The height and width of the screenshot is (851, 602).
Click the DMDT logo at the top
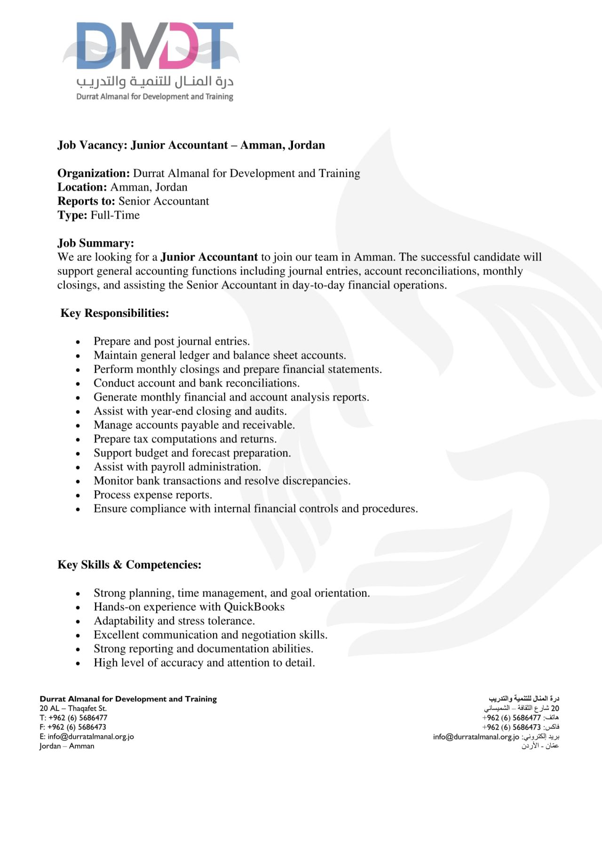point(150,47)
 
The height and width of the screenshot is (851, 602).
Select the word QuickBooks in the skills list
point(254,607)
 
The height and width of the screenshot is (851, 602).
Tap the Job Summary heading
point(95,243)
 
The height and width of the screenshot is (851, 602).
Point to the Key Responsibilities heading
point(114,313)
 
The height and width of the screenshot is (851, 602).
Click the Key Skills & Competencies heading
point(129,565)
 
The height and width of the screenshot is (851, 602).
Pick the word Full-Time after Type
point(115,215)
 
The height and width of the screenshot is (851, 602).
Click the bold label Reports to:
point(86,201)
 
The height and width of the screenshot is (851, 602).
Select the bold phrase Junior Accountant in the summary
point(209,257)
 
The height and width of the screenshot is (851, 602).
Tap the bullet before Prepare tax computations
point(78,440)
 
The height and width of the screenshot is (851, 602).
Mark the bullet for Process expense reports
point(78,496)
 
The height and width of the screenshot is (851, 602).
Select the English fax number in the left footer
point(77,727)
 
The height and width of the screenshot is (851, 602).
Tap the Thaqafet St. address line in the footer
point(73,709)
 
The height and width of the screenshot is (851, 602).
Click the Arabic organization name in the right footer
point(524,699)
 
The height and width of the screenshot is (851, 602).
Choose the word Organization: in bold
point(94,173)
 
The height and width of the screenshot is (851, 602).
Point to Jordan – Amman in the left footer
point(67,746)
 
